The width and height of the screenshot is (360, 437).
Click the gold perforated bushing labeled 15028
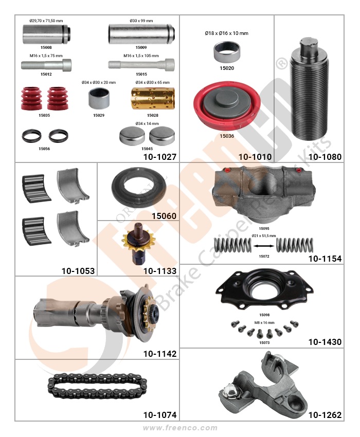pos(153,98)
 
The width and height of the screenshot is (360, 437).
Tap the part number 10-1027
pos(160,157)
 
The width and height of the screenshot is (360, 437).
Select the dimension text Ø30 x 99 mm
pos(141,21)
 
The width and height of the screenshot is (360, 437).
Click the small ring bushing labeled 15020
pos(227,51)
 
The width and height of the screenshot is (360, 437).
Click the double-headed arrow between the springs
pos(263,246)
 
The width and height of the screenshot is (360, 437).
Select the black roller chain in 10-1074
pos(97,386)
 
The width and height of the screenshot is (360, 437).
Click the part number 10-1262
pos(325,415)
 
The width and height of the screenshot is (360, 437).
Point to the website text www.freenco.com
pos(180,428)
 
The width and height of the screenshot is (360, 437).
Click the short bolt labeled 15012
pos(46,65)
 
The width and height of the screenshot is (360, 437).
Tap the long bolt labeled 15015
pos(141,65)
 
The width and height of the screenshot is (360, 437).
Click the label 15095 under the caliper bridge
pos(264,229)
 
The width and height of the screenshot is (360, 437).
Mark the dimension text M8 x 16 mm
pos(264,322)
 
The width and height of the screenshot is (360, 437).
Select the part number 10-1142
pos(160,354)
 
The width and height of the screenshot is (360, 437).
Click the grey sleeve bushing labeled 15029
pos(99,98)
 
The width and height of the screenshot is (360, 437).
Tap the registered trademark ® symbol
pos(282,63)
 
